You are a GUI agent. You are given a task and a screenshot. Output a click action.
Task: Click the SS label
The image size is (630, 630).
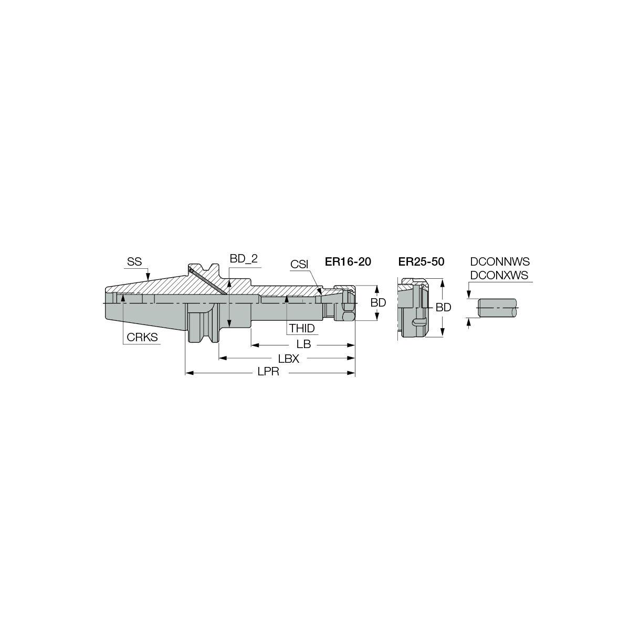[134, 261]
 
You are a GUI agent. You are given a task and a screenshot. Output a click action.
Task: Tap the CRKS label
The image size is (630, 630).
[142, 337]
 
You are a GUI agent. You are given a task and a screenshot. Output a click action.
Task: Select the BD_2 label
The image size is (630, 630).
[244, 259]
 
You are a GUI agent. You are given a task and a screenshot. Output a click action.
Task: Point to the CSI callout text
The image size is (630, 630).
[299, 264]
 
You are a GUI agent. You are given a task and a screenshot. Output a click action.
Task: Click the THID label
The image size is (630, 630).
[302, 328]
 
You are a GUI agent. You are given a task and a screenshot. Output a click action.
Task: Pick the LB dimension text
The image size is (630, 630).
[303, 344]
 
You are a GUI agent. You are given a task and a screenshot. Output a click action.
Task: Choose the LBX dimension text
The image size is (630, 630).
[289, 359]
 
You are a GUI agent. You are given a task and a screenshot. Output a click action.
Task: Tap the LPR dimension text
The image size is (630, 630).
[268, 372]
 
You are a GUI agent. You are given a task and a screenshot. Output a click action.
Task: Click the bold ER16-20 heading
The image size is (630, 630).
[348, 261]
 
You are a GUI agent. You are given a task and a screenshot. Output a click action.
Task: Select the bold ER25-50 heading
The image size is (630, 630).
[421, 261]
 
